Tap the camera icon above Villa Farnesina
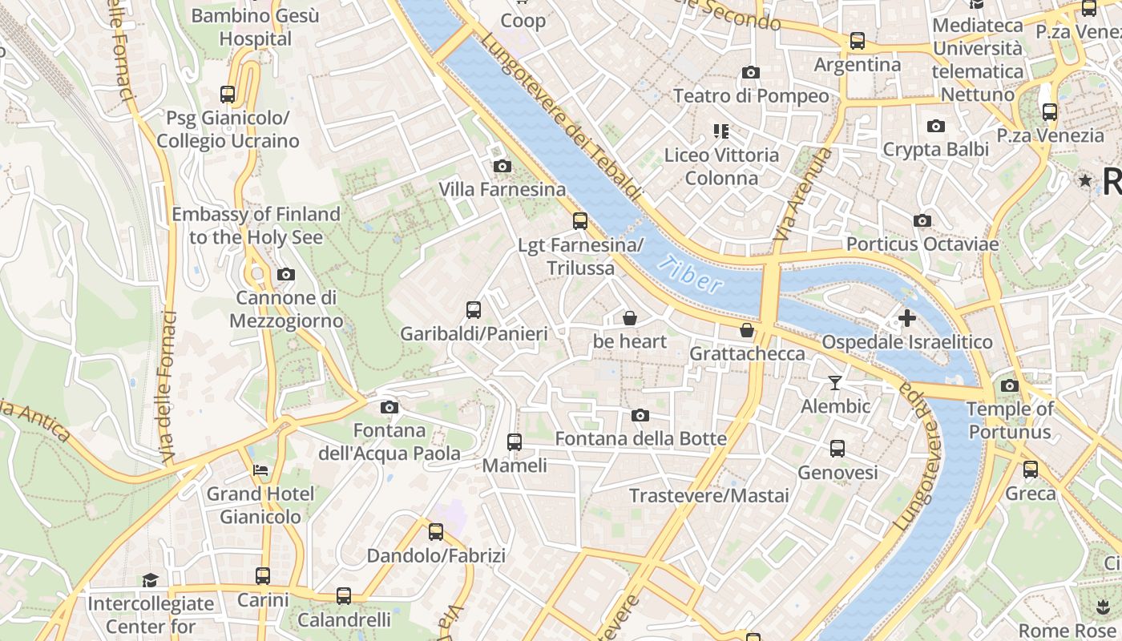502,166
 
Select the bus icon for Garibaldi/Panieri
474,310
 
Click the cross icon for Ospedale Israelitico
907,318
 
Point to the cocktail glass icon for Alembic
835,383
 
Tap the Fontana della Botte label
640,438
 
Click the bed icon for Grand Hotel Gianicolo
260,470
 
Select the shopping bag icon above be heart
630,318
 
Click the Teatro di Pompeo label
751,96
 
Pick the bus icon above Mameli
515,441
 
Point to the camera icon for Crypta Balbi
935,126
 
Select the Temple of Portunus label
1009,421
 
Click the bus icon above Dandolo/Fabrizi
436,531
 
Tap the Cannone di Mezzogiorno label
286,309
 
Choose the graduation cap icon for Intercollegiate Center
150,580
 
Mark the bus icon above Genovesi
837,449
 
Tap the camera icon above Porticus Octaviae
922,220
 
